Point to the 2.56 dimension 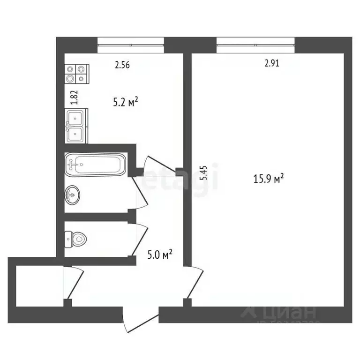pos(122,65)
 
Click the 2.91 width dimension pos(271,64)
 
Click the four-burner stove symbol pos(77,74)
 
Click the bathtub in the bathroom pos(96,165)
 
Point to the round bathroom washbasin pos(73,195)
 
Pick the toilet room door pos(141,239)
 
